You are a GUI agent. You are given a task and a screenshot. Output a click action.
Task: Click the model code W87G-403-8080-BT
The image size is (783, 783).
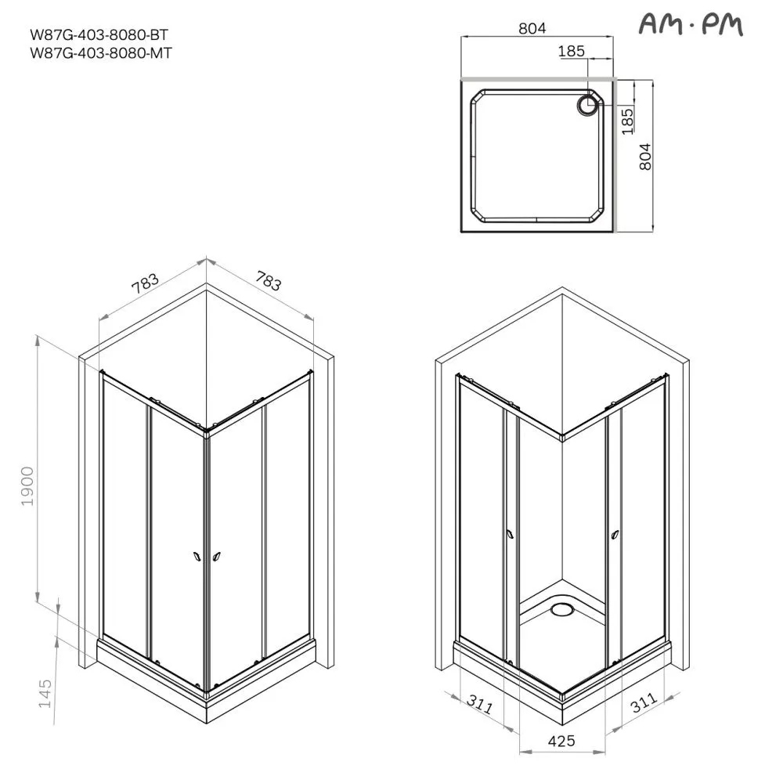point(99,35)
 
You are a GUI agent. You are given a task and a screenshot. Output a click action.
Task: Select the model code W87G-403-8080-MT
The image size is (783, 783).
point(101,53)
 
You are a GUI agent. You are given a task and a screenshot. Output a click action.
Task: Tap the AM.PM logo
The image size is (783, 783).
point(691,24)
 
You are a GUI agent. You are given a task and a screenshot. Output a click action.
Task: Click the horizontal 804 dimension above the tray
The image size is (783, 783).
point(532,28)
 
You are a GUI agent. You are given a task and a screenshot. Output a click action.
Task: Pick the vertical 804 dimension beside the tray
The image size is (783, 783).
point(645,157)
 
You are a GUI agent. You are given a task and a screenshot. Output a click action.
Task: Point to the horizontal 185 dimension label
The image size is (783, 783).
point(572,51)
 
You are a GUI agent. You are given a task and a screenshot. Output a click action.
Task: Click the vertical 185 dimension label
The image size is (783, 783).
point(627,121)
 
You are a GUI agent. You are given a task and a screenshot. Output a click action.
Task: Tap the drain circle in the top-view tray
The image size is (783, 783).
point(588,106)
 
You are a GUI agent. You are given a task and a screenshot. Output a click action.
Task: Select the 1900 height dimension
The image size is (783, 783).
point(27,486)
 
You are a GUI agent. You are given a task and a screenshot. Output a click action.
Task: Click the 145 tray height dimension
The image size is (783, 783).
point(45,693)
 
